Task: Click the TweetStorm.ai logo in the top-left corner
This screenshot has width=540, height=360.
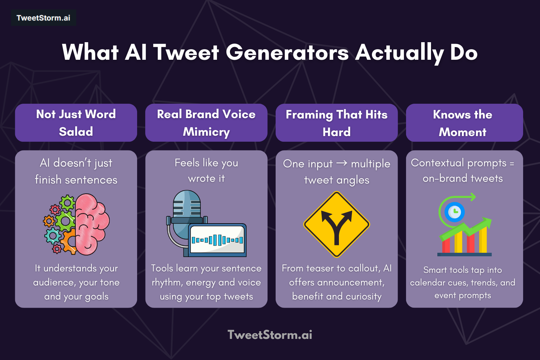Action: click(x=43, y=18)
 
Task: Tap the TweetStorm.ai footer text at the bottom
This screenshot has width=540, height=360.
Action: click(x=270, y=335)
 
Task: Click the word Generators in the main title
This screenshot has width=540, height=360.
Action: click(x=287, y=53)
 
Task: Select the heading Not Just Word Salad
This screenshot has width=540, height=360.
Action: click(x=76, y=123)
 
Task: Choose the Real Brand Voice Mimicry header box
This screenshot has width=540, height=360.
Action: click(x=206, y=123)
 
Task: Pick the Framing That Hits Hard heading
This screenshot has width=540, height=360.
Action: click(x=336, y=123)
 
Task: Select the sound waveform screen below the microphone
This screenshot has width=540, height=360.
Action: click(x=217, y=240)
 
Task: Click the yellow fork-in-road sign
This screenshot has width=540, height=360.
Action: click(x=336, y=225)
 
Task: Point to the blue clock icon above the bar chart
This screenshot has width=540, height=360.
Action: click(x=455, y=212)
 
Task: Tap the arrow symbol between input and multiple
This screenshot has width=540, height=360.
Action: click(x=342, y=163)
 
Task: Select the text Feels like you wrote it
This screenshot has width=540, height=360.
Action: click(x=206, y=171)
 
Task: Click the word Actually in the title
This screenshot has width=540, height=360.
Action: click(x=399, y=53)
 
